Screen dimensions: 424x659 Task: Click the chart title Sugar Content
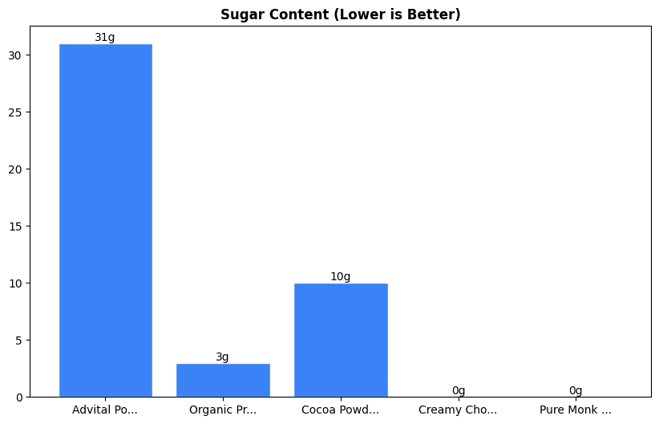(x=340, y=14)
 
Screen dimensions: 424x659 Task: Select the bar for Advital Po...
(x=106, y=220)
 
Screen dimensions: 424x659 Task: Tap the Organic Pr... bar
(x=223, y=380)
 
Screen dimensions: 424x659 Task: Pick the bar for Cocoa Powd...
(x=341, y=340)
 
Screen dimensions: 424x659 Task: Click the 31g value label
(x=105, y=38)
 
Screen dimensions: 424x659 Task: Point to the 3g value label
(x=222, y=357)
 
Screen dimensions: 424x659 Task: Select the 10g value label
(x=341, y=277)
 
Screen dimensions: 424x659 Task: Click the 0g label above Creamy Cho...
(x=458, y=391)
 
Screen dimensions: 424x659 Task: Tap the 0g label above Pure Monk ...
(x=576, y=391)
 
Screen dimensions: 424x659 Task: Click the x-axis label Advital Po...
(x=106, y=410)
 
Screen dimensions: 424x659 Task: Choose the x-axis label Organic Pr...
(x=223, y=410)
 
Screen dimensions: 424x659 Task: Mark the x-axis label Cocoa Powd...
(x=341, y=410)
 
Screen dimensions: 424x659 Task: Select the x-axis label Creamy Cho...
(x=458, y=410)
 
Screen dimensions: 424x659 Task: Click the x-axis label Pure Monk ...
(x=576, y=410)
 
